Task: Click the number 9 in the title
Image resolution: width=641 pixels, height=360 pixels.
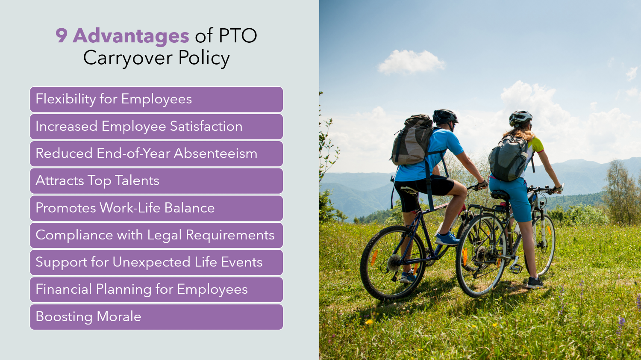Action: (62, 35)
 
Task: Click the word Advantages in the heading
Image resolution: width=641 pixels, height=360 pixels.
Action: (131, 35)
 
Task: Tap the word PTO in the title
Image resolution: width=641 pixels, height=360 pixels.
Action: (238, 35)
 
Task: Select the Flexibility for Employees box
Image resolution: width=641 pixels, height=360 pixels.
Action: (156, 99)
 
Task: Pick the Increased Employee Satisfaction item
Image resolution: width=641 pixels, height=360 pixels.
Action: (156, 127)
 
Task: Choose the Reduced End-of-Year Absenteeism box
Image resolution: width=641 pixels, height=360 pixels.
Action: (156, 153)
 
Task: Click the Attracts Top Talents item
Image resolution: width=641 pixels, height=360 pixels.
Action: (156, 181)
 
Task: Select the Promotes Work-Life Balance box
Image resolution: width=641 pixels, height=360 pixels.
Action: (156, 208)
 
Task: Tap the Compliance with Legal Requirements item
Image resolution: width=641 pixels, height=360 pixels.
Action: (156, 235)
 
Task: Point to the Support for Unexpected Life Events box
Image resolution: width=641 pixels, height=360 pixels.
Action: (156, 262)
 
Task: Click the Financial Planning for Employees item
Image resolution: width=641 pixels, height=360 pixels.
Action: (156, 289)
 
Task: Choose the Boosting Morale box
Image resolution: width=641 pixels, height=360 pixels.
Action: (156, 317)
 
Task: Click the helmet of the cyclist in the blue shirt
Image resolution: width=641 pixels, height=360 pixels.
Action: (444, 116)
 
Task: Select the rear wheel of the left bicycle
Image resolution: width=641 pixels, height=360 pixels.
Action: (393, 263)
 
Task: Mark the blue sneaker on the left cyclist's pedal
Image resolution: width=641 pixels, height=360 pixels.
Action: (447, 239)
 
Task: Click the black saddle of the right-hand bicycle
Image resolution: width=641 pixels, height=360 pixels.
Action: (500, 195)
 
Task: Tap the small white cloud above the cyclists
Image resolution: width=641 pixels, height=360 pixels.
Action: (410, 62)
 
